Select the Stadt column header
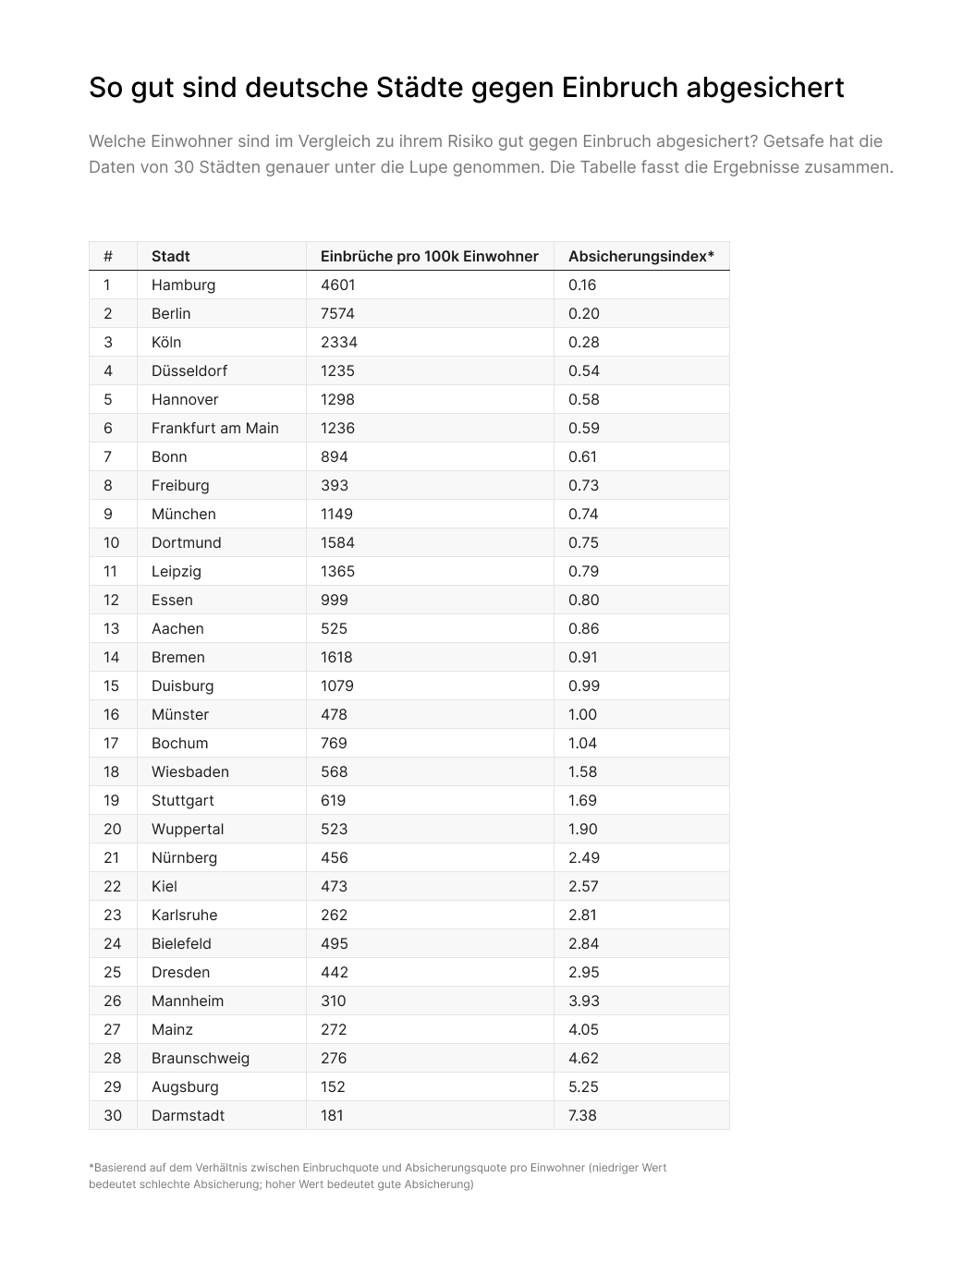[171, 256]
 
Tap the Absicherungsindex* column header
[640, 256]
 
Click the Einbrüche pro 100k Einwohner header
[429, 256]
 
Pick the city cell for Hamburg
[183, 285]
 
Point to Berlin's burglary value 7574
[337, 313]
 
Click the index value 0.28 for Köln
[583, 342]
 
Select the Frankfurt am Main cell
[214, 428]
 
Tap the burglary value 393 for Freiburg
[334, 485]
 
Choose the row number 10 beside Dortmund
[111, 542]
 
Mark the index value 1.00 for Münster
[582, 714]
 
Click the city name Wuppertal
[188, 829]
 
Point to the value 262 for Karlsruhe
[334, 915]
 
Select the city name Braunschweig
[201, 1058]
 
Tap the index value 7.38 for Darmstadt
[582, 1115]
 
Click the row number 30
[112, 1115]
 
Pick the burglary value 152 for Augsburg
[333, 1086]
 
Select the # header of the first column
[108, 256]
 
